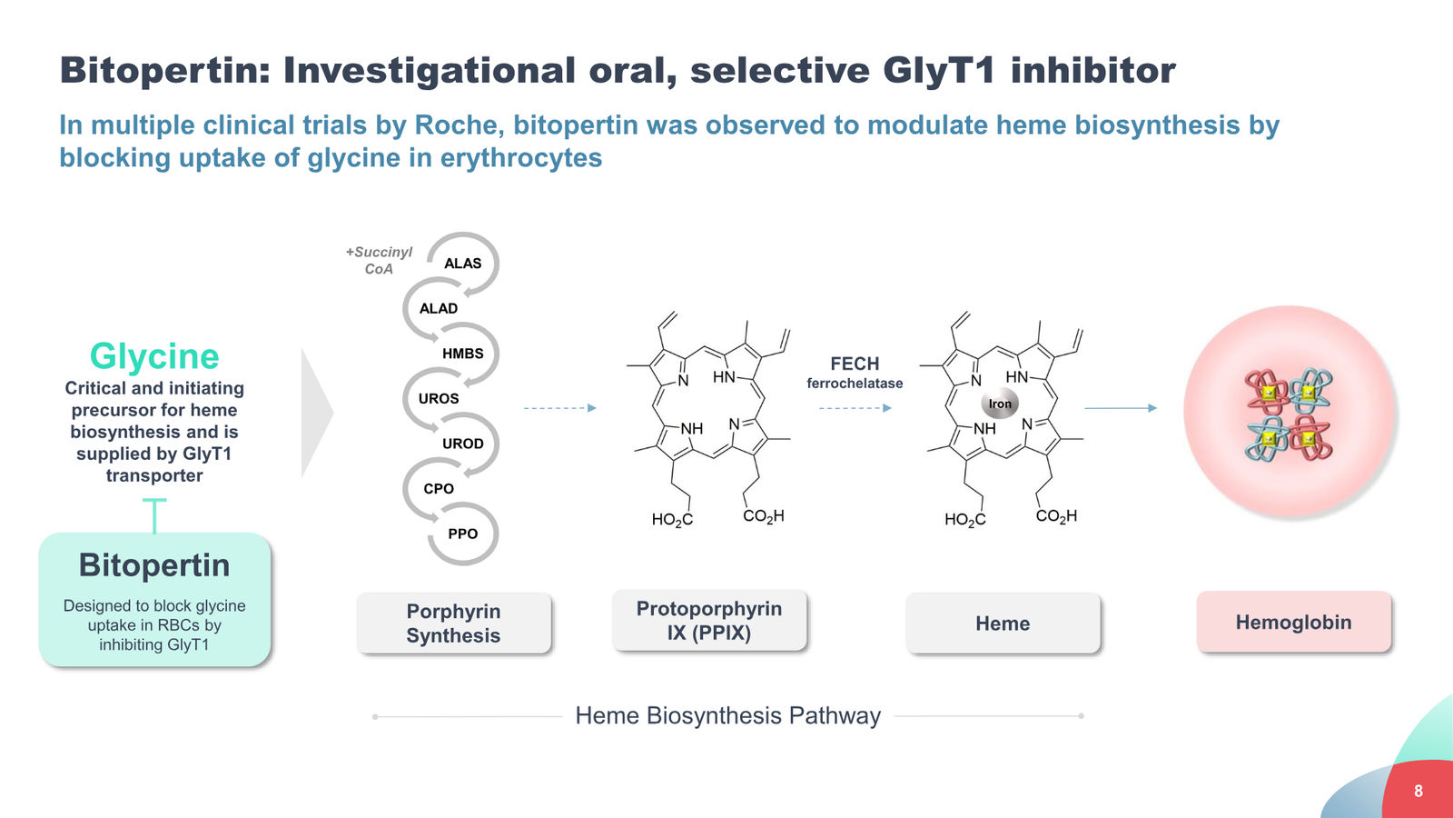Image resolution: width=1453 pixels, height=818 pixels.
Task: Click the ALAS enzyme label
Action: pyautogui.click(x=462, y=264)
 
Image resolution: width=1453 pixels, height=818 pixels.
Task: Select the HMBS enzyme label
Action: pyautogui.click(x=462, y=354)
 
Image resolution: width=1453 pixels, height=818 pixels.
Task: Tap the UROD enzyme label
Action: pyautogui.click(x=462, y=444)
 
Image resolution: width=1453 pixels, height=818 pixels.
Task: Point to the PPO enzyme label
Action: pyautogui.click(x=462, y=534)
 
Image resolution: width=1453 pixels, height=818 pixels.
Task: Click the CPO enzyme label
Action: pyautogui.click(x=439, y=489)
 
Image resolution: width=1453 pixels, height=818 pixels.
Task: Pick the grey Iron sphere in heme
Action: pyautogui.click(x=1000, y=404)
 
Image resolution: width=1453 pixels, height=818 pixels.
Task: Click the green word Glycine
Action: pyautogui.click(x=154, y=356)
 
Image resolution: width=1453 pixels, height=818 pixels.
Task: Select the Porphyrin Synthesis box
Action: pyautogui.click(x=453, y=623)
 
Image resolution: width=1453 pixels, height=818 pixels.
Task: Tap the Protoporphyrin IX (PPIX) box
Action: pyautogui.click(x=709, y=620)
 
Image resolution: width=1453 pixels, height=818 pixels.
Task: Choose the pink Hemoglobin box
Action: pyautogui.click(x=1293, y=622)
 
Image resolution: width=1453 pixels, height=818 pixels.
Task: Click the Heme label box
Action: pyautogui.click(x=1003, y=623)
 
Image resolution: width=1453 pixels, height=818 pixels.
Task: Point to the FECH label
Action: pyautogui.click(x=855, y=364)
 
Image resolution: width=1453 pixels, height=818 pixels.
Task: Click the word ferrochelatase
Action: pyautogui.click(x=855, y=384)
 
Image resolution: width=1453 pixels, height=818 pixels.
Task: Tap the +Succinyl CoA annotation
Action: pyautogui.click(x=379, y=260)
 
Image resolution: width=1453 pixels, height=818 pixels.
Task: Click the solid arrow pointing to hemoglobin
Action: pyautogui.click(x=1121, y=408)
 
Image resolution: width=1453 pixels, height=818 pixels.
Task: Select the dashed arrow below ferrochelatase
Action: pyautogui.click(x=855, y=408)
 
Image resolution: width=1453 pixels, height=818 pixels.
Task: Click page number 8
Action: pyautogui.click(x=1418, y=791)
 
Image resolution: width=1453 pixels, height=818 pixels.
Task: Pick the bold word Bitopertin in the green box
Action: pyautogui.click(x=154, y=565)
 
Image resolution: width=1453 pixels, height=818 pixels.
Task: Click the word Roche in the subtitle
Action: pyautogui.click(x=459, y=125)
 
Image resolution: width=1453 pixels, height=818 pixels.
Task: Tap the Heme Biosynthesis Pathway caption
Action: pyautogui.click(x=727, y=715)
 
